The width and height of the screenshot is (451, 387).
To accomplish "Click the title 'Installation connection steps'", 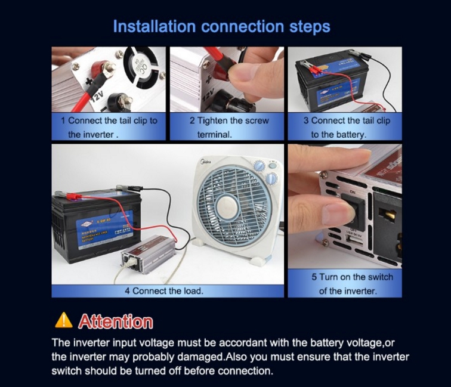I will tap(221, 27).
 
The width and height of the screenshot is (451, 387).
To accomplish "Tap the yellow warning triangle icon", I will tap(63, 321).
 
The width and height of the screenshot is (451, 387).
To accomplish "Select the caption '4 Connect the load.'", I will tap(163, 291).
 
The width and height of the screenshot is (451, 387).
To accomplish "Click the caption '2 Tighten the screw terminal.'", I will tap(229, 127).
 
